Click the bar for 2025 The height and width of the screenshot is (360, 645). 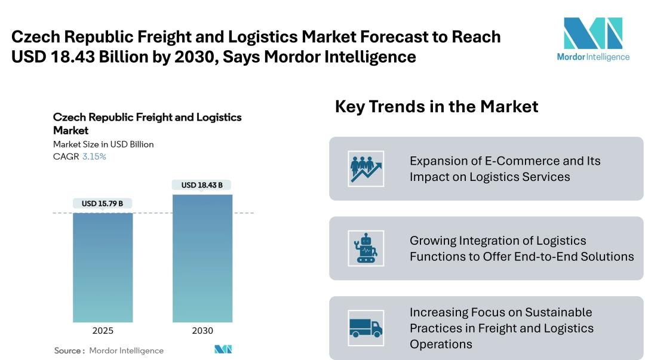103,267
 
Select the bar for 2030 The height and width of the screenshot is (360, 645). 202,259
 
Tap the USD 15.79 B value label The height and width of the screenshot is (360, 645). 103,203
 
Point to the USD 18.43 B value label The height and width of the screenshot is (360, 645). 202,185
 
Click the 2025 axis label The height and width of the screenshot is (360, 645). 103,330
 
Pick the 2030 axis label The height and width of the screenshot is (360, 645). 202,330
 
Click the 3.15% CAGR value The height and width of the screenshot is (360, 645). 94,156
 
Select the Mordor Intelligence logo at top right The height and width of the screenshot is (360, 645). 593,39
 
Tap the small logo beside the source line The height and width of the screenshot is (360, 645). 223,349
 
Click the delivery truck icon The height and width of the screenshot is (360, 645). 365,328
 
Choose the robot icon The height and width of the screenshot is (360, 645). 365,248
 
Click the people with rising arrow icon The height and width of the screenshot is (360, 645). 365,169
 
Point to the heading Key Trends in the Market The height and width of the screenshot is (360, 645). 437,106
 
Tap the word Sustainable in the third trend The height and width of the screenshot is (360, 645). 558,312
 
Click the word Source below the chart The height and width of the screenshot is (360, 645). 67,350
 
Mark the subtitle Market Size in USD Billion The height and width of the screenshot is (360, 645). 103,144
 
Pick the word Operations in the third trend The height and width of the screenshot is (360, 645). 441,344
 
